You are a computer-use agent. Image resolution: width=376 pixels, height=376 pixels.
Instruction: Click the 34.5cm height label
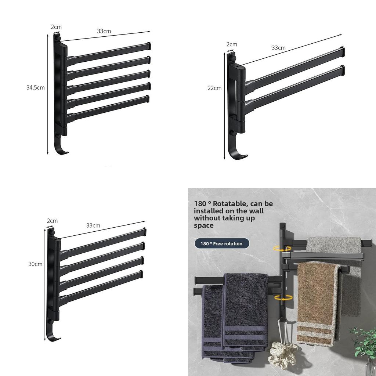[36, 87]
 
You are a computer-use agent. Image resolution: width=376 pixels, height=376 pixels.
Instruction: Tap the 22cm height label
[214, 88]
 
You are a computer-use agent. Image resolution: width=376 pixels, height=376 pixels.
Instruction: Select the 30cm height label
[36, 264]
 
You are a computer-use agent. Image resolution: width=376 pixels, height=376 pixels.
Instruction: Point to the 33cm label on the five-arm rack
[104, 31]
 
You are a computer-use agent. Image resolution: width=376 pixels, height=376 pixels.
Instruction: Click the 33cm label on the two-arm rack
[279, 48]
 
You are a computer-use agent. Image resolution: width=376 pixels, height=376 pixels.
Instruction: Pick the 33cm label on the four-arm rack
[93, 225]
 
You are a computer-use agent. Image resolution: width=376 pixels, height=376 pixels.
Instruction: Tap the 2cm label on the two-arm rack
[232, 44]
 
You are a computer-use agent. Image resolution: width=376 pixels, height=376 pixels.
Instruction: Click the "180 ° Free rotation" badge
[222, 244]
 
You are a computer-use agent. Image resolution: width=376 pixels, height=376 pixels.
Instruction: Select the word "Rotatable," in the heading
[231, 203]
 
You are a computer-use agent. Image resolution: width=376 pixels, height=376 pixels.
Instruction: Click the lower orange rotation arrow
[283, 298]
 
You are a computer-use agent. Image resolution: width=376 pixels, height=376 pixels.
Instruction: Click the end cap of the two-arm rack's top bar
[343, 52]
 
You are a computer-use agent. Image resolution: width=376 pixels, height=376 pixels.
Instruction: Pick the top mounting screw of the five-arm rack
[58, 37]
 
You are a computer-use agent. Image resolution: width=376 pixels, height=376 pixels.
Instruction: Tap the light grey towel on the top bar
[334, 245]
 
